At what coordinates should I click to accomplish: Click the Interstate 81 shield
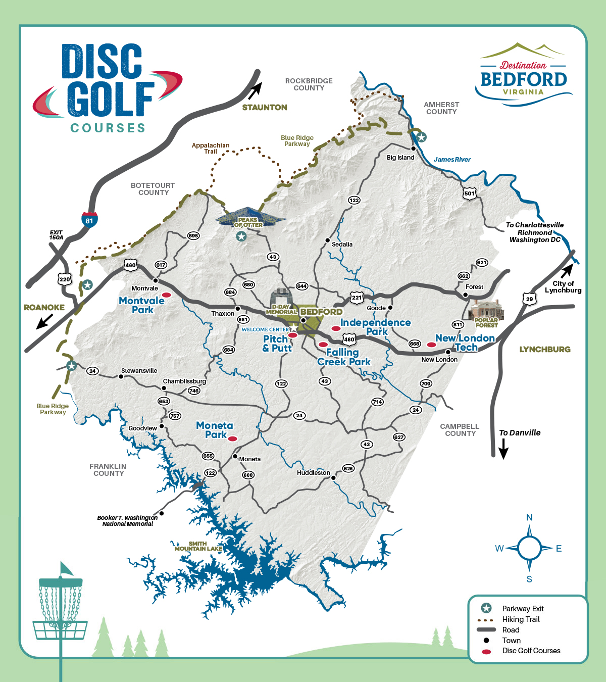[x=89, y=220]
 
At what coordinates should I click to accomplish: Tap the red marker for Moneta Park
[x=232, y=439]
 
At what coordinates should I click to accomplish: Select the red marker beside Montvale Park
[x=166, y=295]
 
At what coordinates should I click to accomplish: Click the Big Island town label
[x=400, y=158]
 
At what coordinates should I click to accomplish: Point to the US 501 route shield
[x=470, y=193]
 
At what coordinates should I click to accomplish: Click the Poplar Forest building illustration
[x=487, y=310]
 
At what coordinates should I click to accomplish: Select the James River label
[x=452, y=160]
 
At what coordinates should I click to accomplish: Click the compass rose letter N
[x=529, y=517]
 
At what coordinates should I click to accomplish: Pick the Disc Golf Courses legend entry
[x=531, y=651]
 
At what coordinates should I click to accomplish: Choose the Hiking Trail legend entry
[x=521, y=619]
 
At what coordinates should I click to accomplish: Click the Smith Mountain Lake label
[x=198, y=546]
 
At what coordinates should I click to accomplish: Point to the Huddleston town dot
[x=333, y=477]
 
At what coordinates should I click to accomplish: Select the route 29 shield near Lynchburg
[x=529, y=299]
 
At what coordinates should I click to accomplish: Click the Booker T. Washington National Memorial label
[x=128, y=521]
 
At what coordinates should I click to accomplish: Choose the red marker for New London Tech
[x=431, y=345]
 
